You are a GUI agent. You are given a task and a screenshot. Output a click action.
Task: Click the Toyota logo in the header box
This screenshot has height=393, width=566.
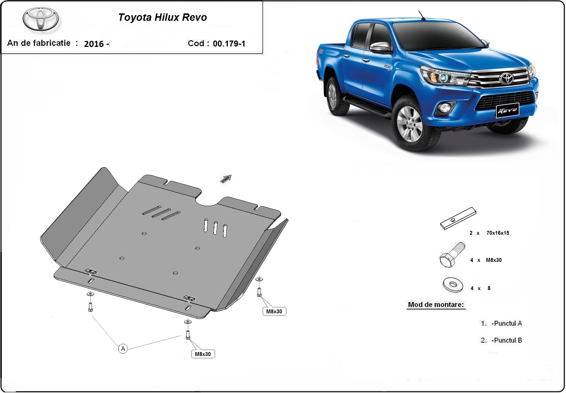coord(41,19)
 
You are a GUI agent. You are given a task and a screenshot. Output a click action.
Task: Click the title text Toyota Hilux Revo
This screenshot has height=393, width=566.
coord(162,17)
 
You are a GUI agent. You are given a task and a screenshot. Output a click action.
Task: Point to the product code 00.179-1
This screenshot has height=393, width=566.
coord(229,44)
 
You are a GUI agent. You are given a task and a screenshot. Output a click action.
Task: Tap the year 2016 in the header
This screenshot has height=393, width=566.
coord(94,44)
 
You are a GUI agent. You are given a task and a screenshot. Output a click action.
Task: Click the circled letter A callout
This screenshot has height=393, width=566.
coord(123,349)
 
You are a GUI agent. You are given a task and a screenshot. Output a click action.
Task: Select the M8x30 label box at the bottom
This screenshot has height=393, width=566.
coord(203,354)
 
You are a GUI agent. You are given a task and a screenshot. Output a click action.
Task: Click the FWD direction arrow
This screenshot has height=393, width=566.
coord(226,179)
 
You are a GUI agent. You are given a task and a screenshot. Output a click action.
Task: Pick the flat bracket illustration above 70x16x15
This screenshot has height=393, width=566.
coord(458,218)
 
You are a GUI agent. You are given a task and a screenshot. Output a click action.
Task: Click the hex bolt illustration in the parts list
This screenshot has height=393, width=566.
coord(452,255)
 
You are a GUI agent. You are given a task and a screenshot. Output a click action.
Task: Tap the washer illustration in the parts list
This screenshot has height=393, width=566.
coord(453,285)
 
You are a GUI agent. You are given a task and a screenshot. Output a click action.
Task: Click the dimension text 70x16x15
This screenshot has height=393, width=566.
coord(498,233)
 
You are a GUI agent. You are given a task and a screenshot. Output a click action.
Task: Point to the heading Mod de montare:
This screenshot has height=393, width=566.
coord(436,305)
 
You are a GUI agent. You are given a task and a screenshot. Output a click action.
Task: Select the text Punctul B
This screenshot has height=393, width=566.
coord(508,340)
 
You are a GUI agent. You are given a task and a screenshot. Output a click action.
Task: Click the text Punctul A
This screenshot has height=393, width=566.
coord(508,323)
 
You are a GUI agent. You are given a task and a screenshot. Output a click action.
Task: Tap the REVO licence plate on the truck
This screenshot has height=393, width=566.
coord(507,110)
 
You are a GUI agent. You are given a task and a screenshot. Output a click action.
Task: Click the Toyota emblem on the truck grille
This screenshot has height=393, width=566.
coord(506,79)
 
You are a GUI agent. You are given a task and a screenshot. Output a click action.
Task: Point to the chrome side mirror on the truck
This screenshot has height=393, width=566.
coord(381,47)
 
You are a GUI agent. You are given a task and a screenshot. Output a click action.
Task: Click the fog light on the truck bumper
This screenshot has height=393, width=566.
coord(445,108)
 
